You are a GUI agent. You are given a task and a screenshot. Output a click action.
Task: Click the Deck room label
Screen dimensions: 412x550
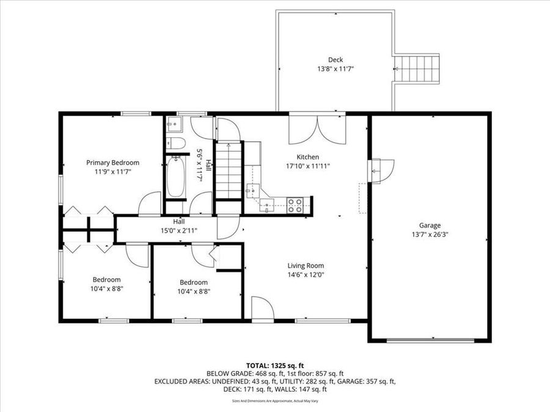point(335,59)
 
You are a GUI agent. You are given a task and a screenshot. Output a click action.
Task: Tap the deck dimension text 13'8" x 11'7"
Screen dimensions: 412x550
point(335,69)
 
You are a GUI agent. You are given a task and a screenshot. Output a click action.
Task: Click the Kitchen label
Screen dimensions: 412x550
point(307,157)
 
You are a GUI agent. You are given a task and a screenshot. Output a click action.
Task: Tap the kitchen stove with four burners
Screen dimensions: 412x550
point(295,205)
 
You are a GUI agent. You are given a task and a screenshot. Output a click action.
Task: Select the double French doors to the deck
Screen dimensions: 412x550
point(317,128)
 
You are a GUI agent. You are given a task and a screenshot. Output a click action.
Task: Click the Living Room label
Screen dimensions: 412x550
point(306,266)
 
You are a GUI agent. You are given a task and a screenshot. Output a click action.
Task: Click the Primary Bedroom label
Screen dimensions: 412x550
point(112,162)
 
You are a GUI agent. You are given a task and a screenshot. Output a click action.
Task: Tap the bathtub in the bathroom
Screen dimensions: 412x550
point(175,177)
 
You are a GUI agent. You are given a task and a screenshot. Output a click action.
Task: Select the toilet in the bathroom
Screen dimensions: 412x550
point(176,143)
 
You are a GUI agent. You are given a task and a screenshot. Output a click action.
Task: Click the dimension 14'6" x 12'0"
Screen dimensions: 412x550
point(306,275)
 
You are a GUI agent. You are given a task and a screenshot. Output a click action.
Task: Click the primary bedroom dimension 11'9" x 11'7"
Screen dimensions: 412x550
point(112,172)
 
